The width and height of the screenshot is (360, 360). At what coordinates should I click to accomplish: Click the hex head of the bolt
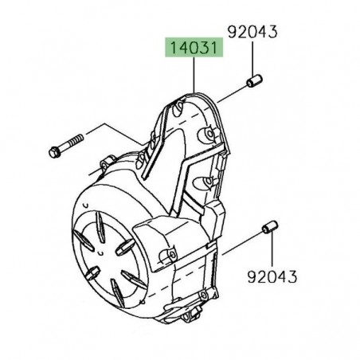click(x=56, y=149)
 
